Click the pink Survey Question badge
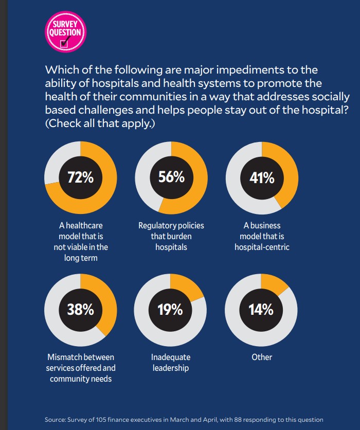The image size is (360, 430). (x=64, y=32)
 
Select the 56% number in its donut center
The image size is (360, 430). (x=171, y=177)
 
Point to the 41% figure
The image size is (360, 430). (x=262, y=177)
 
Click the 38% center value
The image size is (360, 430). (x=80, y=310)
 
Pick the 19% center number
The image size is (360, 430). (x=170, y=310)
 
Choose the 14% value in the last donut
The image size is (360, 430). (x=261, y=310)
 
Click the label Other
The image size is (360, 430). (x=262, y=357)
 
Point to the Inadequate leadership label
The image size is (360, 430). (x=171, y=362)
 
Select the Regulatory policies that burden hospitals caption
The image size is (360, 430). (x=171, y=236)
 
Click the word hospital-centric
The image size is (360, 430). (x=262, y=247)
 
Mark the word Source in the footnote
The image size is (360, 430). (x=56, y=419)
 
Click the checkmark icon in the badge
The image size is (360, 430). (x=65, y=43)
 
